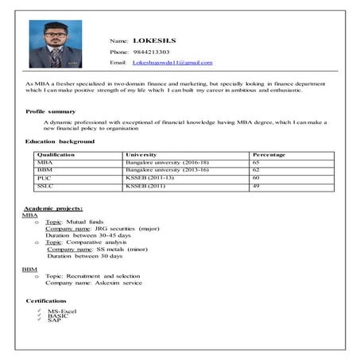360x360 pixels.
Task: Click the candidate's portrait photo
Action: click(x=50, y=44)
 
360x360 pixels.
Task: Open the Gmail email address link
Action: click(x=172, y=62)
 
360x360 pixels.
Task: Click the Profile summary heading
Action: click(x=51, y=111)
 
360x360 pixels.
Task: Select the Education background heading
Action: click(x=60, y=141)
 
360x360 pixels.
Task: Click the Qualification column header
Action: click(x=56, y=154)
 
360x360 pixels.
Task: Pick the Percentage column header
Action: click(x=269, y=154)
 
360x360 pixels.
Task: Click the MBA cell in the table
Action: click(x=44, y=162)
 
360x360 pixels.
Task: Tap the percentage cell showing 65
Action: click(x=256, y=162)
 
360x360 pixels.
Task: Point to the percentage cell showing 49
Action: click(x=256, y=186)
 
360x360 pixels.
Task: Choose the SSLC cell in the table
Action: click(x=45, y=186)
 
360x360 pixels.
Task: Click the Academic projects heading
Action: click(x=53, y=207)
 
